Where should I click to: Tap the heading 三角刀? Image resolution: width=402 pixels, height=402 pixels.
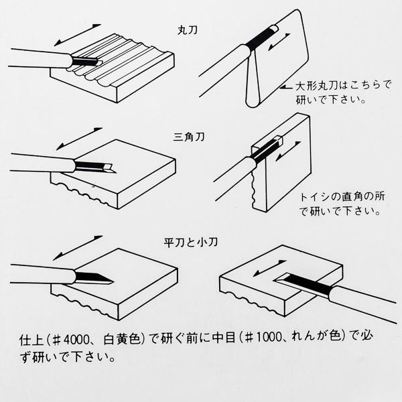point(190,137)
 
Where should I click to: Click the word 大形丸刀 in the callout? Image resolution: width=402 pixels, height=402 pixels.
point(312,87)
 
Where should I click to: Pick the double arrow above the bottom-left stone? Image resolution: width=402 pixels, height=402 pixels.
point(78,246)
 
